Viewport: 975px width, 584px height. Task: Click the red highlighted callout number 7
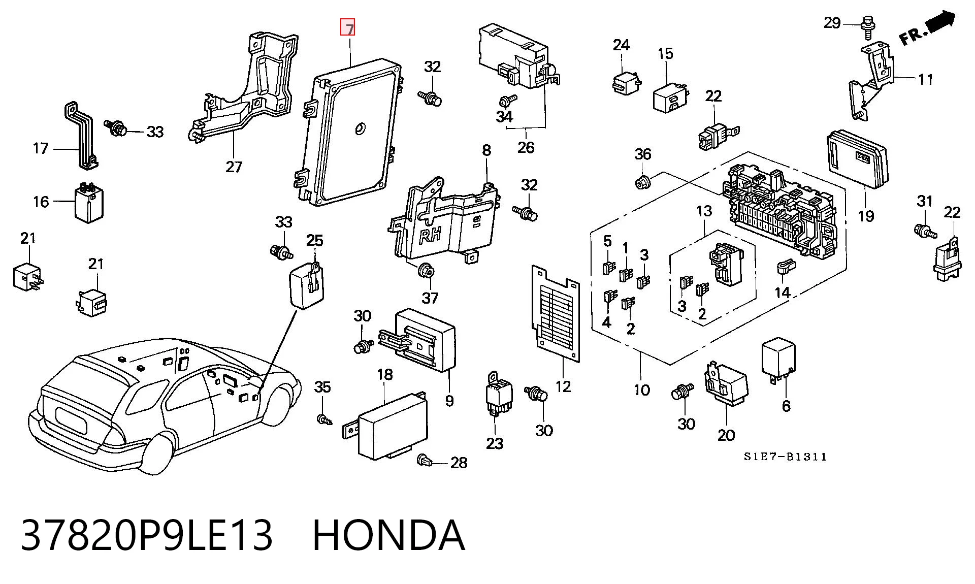348,27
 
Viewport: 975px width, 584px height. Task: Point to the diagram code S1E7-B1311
786,457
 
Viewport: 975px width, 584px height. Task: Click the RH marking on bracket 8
430,235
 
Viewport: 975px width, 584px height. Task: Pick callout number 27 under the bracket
234,166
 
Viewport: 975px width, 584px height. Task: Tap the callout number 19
866,216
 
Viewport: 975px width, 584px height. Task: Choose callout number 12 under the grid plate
563,386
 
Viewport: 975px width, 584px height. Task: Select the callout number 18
385,375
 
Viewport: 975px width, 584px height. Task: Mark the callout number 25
315,240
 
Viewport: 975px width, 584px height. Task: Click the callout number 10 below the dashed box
641,390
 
